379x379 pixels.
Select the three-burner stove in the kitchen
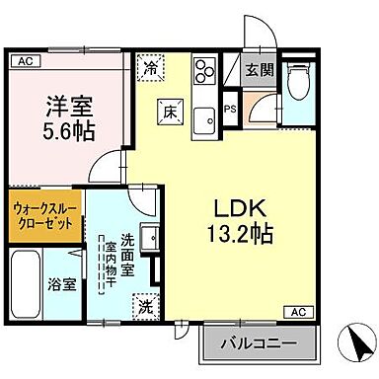(x=205, y=72)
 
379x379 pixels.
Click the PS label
(x=230, y=111)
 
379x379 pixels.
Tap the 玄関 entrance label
(x=260, y=70)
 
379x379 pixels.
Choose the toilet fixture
(x=299, y=81)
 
